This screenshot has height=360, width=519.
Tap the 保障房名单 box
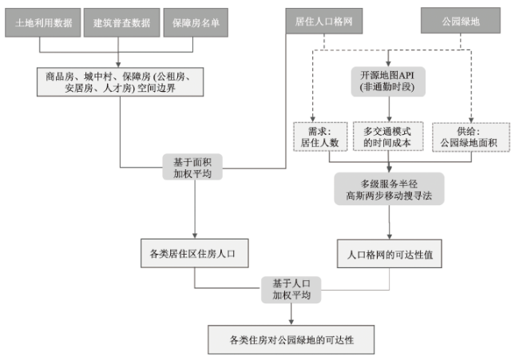point(195,24)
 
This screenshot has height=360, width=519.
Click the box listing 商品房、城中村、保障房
point(119,83)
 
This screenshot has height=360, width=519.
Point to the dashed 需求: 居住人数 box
point(312,136)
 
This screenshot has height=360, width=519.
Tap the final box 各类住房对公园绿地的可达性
point(290,339)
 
